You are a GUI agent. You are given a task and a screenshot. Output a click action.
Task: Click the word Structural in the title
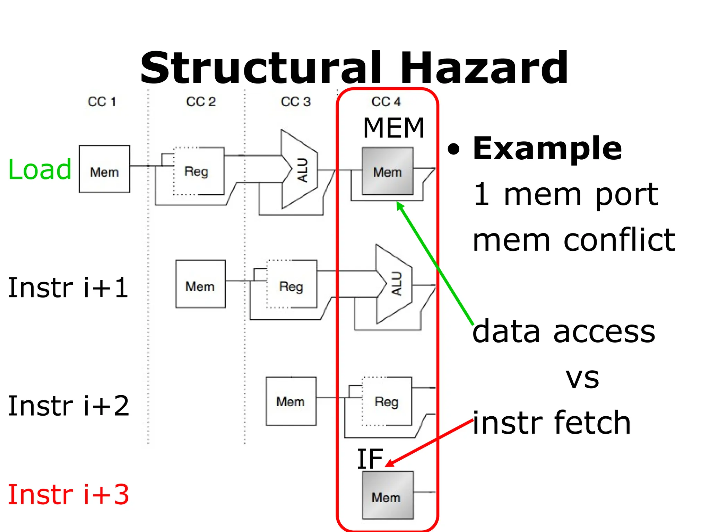tap(261, 68)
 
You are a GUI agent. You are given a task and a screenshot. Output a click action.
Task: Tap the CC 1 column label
tap(102, 102)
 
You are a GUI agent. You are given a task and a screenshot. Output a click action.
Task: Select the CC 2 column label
tap(201, 102)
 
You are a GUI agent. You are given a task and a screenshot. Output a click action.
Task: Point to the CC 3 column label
tap(295, 102)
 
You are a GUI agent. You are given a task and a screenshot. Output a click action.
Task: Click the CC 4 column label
tap(386, 102)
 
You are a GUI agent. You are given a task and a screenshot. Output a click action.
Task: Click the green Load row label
tap(40, 169)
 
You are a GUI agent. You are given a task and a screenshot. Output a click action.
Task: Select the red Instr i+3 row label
tap(68, 495)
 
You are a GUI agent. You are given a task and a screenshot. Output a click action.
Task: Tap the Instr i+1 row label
tap(68, 287)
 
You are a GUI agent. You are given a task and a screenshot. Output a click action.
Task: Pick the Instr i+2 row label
tap(68, 406)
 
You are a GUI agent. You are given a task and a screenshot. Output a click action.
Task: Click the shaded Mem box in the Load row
tap(387, 171)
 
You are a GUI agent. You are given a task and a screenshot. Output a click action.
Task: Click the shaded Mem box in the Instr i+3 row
tap(388, 495)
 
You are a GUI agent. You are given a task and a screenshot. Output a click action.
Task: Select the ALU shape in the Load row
tap(299, 170)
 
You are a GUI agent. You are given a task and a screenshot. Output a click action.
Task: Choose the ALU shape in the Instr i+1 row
tap(394, 284)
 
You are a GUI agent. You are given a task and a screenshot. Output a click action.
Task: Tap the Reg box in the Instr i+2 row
tap(387, 401)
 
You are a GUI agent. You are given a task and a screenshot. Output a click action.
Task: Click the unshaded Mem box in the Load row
tap(104, 169)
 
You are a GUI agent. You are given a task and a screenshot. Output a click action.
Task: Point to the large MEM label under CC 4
tap(393, 128)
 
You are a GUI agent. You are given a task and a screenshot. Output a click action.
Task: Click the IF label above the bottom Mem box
tap(370, 459)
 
